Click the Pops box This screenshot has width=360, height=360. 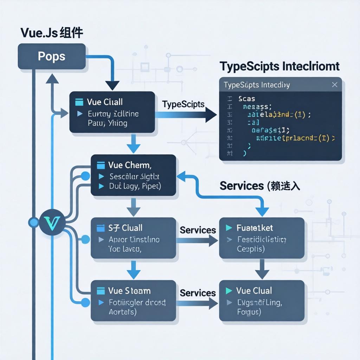click(52, 56)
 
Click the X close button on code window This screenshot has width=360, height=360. click(334, 85)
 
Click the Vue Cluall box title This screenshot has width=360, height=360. click(105, 102)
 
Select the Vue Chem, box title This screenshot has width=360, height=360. click(130, 165)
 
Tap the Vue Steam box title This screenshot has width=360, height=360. click(129, 291)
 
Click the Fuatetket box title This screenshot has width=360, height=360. click(255, 228)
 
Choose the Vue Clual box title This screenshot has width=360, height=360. click(254, 291)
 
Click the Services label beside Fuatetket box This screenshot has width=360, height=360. click(198, 230)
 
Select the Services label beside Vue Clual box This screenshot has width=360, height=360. click(198, 293)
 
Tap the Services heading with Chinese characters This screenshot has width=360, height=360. click(260, 186)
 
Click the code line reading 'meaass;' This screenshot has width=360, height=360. click(255, 107)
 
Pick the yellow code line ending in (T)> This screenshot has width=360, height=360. click(295, 138)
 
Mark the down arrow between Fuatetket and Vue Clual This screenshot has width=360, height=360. click(262, 269)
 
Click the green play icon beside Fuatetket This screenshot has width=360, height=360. click(229, 228)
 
